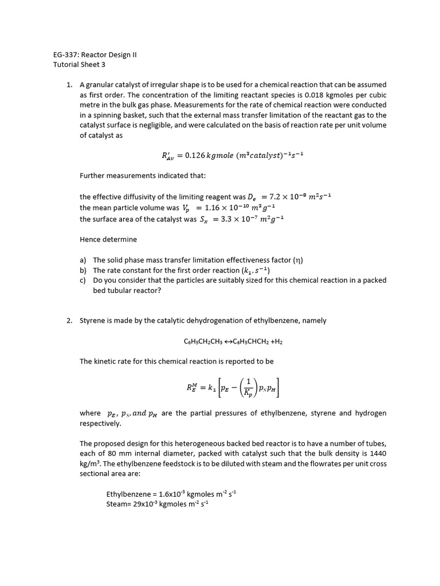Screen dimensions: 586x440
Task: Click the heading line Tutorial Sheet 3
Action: coord(75,65)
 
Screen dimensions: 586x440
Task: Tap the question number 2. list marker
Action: coord(69,320)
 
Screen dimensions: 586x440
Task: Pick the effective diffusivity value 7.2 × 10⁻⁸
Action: coord(293,196)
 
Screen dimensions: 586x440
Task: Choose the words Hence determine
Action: coord(108,239)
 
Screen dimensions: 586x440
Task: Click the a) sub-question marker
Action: coord(83,260)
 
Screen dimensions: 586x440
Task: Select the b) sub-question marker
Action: coord(83,270)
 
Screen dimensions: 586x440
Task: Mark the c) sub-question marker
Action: coord(83,280)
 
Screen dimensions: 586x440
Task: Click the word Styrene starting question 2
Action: coord(93,320)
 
